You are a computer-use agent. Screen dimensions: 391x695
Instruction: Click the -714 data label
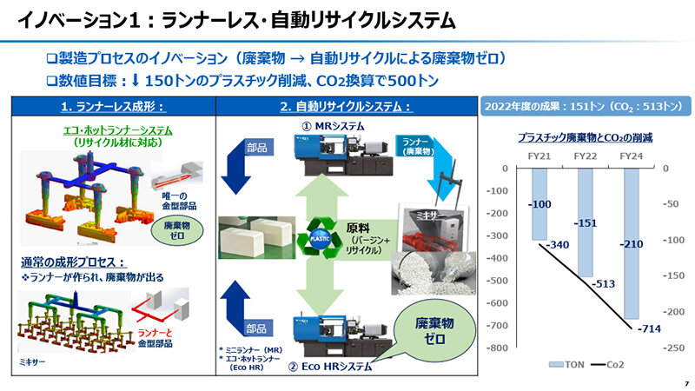click(647, 329)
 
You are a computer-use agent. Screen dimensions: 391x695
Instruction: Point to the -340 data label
click(559, 245)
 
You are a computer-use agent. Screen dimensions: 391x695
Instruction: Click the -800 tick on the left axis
click(498, 348)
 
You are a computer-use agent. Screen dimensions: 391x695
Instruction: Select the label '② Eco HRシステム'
click(331, 368)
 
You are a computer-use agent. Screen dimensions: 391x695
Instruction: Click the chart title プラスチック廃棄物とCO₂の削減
click(585, 137)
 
